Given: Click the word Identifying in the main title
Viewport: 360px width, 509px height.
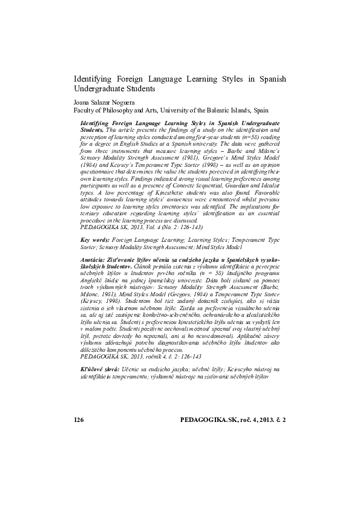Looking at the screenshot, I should click(x=92, y=79).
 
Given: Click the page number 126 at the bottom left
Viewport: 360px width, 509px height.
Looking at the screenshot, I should click(x=78, y=469).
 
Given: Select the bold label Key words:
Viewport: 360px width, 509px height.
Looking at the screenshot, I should click(x=95, y=240).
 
